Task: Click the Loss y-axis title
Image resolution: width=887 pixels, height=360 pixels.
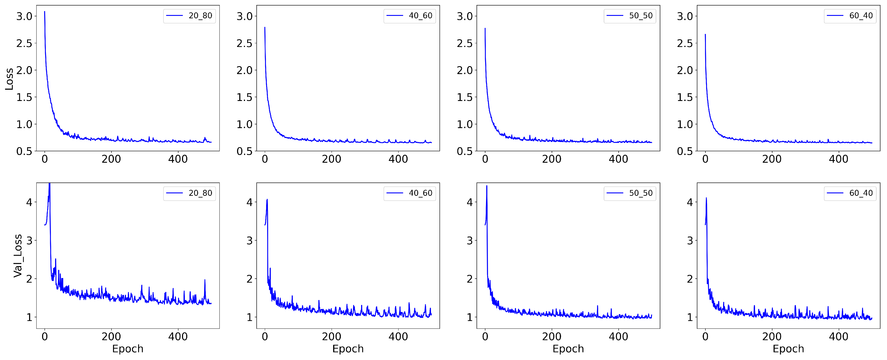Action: [x=9, y=79]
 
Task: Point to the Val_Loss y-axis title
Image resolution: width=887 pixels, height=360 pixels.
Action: [x=18, y=256]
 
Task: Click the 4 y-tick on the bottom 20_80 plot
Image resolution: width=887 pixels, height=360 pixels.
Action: [x=29, y=202]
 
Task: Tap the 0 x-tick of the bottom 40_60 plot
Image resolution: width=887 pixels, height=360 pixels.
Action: [x=265, y=337]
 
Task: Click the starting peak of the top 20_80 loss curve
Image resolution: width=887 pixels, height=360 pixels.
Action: [x=45, y=12]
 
